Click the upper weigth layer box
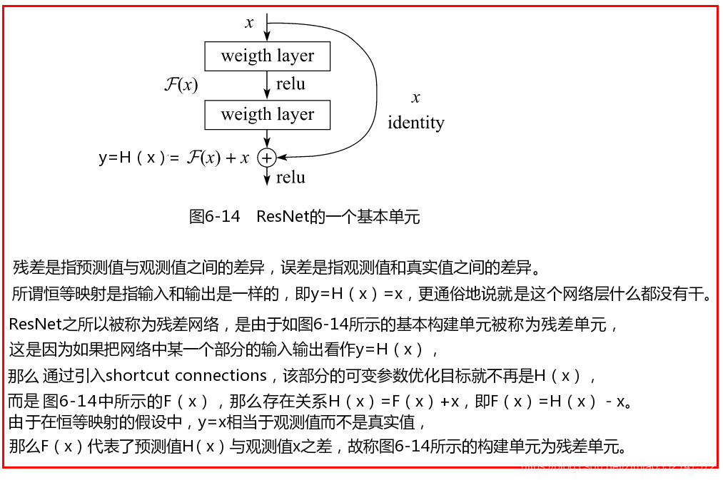point(267,56)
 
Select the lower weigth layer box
point(267,114)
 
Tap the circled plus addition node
point(266,158)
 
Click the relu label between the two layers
point(290,84)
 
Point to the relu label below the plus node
point(290,177)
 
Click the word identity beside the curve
point(415,123)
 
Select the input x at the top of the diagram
point(249,23)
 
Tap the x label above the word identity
point(415,98)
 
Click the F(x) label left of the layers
point(181,85)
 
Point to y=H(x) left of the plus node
point(132,158)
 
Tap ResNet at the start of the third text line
point(35,325)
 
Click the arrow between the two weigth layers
point(267,86)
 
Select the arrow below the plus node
point(267,176)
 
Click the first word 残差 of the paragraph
point(26,268)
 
